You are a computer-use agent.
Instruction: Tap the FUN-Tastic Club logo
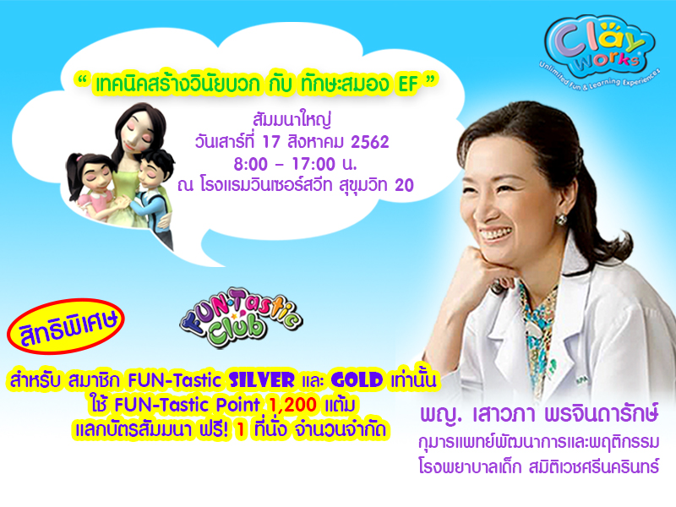pyautogui.click(x=241, y=318)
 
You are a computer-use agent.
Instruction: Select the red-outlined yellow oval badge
pyautogui.click(x=66, y=326)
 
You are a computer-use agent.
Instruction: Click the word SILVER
pyautogui.click(x=262, y=380)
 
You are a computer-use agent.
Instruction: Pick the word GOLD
pyautogui.click(x=357, y=380)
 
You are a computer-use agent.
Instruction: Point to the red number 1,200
pyautogui.click(x=292, y=405)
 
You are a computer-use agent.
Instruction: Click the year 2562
pyautogui.click(x=370, y=142)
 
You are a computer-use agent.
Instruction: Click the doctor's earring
pyautogui.click(x=562, y=219)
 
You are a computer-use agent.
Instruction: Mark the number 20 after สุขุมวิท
pyautogui.click(x=404, y=185)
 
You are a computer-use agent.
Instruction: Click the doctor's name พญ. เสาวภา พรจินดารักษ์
pyautogui.click(x=539, y=415)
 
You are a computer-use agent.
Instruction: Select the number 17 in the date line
pyautogui.click(x=271, y=142)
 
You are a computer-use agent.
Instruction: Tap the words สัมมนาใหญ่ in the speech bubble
pyautogui.click(x=292, y=119)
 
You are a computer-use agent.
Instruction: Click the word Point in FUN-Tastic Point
pyautogui.click(x=237, y=405)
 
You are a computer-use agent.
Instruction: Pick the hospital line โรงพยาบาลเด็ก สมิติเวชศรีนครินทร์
pyautogui.click(x=539, y=466)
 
